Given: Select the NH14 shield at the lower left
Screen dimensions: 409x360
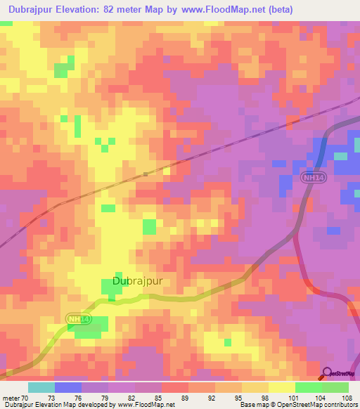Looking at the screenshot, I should [x=79, y=320].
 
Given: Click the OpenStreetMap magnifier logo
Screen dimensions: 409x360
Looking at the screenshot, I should [x=327, y=373].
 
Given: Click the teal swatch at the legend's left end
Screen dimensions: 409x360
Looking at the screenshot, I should [x=41, y=387].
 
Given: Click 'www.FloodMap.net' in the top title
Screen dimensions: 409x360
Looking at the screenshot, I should [x=222, y=9].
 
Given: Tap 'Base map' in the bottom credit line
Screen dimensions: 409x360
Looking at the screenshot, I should [x=253, y=405].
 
